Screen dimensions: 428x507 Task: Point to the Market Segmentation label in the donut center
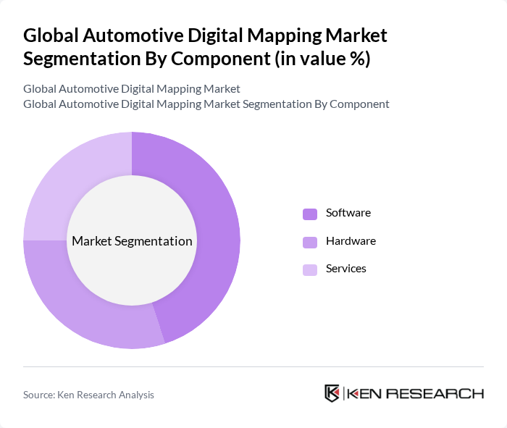tap(132, 241)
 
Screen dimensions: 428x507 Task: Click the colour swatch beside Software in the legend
tap(309, 214)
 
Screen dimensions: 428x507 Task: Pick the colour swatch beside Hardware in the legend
tap(309, 242)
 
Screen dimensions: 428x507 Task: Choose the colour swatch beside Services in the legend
tap(309, 269)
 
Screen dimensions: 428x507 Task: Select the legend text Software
tap(348, 213)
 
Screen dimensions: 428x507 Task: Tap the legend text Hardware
tap(351, 241)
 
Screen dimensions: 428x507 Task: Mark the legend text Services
tap(345, 269)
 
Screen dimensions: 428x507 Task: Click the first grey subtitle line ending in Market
tap(131, 88)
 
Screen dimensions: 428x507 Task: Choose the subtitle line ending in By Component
tap(206, 104)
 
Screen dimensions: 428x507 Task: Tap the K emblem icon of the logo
tap(332, 393)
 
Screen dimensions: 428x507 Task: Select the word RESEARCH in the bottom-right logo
tap(443, 393)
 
